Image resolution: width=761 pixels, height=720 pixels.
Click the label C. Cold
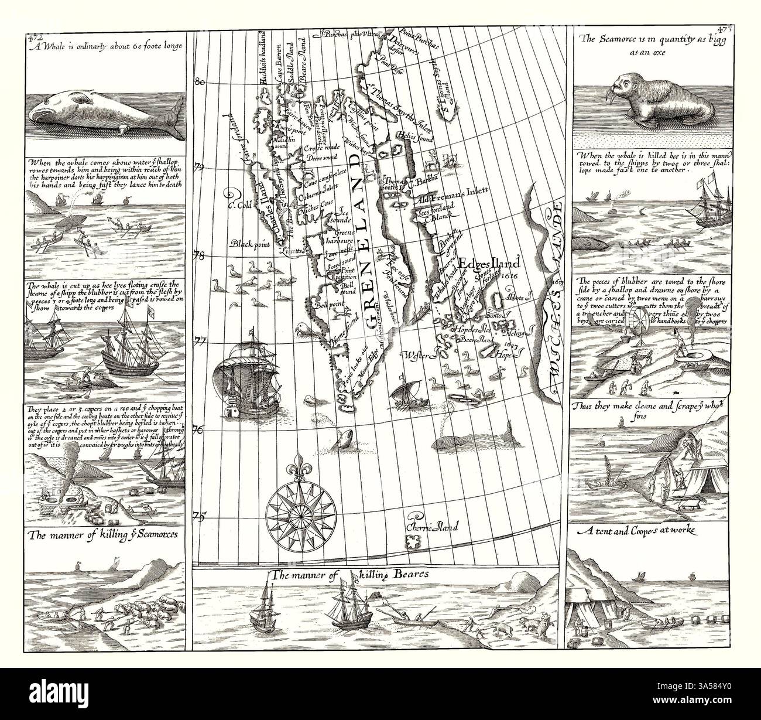[x=239, y=206]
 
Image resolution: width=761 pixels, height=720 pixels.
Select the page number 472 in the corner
[x=35, y=38]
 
